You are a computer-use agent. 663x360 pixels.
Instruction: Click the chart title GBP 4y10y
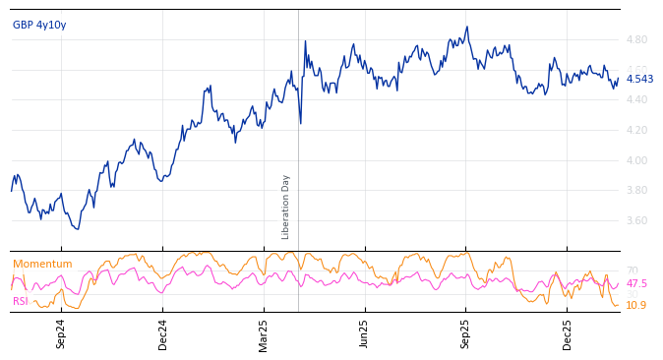[39, 25]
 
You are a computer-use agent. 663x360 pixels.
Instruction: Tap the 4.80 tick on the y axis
[636, 40]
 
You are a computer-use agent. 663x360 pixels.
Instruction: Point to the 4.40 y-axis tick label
[636, 100]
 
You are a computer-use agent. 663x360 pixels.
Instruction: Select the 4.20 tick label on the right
[636, 131]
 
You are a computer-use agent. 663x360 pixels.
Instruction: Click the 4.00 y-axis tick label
[636, 161]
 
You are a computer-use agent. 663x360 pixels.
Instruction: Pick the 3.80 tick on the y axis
[636, 191]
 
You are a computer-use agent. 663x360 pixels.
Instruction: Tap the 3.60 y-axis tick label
[636, 221]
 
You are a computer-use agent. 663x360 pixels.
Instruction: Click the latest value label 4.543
[639, 80]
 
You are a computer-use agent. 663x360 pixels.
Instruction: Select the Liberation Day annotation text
[286, 207]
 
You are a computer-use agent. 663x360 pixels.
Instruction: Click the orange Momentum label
[42, 265]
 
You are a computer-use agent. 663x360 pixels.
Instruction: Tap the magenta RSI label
[21, 301]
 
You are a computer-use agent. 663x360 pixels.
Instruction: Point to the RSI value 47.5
[636, 284]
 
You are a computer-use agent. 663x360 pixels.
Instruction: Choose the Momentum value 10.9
[636, 306]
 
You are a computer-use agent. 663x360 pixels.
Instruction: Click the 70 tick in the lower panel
[633, 271]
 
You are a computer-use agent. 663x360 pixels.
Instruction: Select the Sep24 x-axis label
[61, 334]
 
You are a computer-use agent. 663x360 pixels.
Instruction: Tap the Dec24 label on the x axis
[163, 334]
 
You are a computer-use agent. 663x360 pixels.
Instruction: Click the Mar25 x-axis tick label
[264, 334]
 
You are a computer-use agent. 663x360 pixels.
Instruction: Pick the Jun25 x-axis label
[364, 334]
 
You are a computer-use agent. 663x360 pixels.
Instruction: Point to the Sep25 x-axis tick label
[465, 334]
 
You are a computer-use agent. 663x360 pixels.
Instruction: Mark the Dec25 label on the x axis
[567, 334]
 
